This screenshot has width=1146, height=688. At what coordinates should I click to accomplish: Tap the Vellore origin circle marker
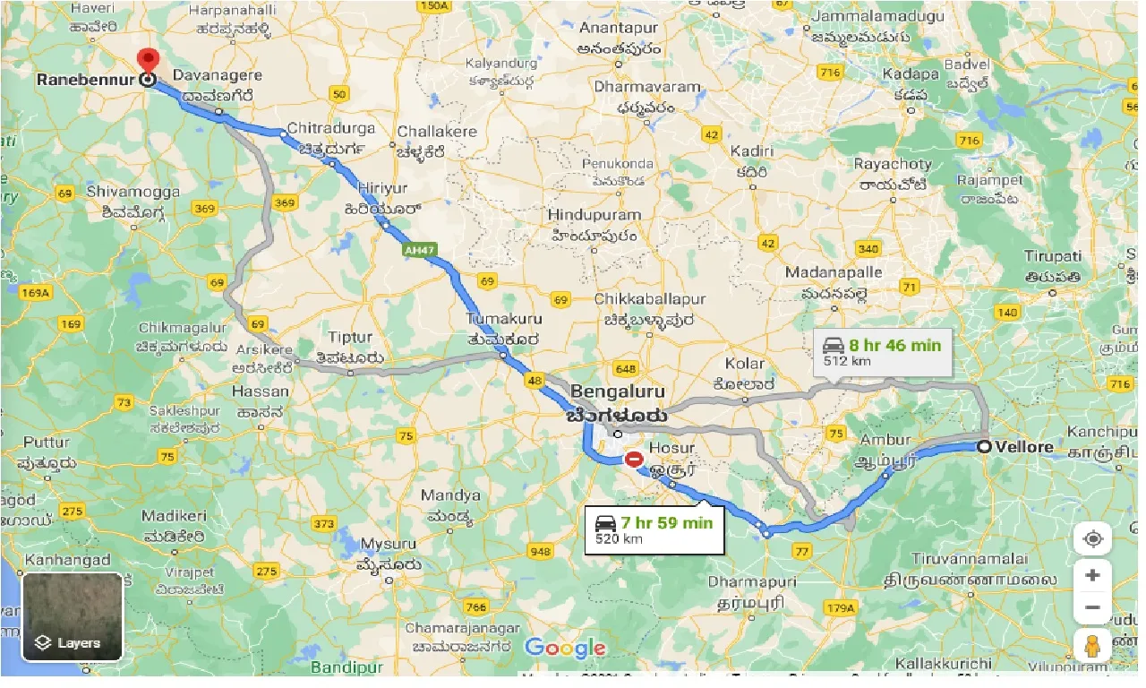point(984,446)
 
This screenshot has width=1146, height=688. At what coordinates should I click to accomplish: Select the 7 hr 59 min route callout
point(653,529)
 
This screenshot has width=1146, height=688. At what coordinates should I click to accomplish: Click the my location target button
point(1092,539)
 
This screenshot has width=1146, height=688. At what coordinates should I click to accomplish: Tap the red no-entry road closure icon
point(634,459)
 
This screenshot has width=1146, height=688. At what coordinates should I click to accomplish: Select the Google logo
point(565,648)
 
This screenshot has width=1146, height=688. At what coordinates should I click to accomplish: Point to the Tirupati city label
point(1053,256)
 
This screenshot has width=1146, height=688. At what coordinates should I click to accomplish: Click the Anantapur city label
point(618,28)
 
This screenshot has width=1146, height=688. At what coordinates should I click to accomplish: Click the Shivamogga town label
point(133,192)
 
